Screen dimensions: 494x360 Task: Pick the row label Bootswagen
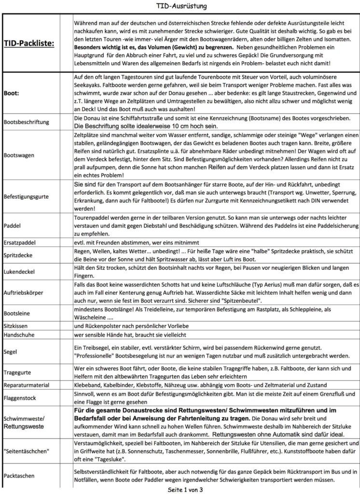(x=19, y=156)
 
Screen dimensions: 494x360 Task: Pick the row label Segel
(x=11, y=352)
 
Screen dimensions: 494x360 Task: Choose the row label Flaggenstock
(x=22, y=399)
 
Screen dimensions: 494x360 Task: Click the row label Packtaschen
(x=20, y=475)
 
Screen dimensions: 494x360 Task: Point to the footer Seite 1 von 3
(x=181, y=489)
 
